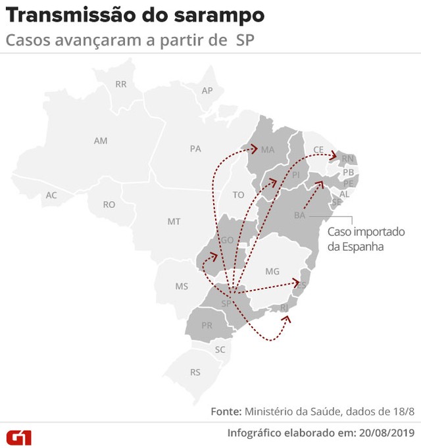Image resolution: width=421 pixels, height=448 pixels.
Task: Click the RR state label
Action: [120, 84]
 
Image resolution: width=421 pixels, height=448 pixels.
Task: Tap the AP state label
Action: [207, 91]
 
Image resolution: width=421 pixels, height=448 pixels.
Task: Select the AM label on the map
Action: [101, 141]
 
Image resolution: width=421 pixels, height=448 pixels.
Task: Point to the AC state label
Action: [51, 195]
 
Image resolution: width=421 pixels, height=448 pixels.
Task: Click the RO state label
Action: [109, 205]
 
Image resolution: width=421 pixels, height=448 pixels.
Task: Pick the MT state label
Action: [174, 222]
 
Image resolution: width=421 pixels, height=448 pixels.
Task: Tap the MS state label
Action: [181, 286]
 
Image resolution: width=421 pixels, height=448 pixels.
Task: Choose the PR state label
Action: [207, 326]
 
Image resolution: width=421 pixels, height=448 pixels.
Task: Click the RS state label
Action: [195, 372]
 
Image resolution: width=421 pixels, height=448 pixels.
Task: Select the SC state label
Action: [220, 350]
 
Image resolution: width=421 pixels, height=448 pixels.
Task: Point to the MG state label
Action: [272, 271]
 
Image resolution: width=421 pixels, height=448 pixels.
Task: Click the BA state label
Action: [299, 216]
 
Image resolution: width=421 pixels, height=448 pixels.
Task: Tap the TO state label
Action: [238, 195]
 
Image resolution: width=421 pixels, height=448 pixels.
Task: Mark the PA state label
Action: [195, 149]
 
